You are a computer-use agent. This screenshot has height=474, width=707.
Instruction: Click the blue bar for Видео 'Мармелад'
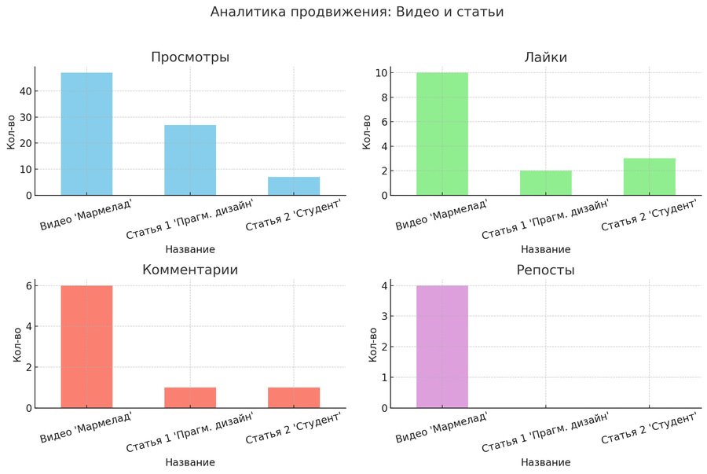86,134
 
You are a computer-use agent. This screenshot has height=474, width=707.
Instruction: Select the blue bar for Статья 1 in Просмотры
190,160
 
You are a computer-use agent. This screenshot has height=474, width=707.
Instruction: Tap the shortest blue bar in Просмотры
294,186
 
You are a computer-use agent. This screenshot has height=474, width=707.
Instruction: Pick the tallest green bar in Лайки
441,134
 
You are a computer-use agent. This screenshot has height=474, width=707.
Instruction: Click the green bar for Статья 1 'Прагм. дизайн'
545,182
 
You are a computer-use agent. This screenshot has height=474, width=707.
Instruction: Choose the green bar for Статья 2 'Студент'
649,176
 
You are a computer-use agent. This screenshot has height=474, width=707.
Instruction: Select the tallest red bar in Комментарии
86,347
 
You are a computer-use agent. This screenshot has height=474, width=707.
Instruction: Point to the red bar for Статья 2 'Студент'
294,398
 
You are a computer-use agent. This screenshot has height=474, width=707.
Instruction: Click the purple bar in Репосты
441,347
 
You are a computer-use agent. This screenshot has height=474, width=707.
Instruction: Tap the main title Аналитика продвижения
357,13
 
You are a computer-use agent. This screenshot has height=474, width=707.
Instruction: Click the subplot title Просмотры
190,57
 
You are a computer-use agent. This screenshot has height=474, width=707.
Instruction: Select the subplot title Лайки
545,57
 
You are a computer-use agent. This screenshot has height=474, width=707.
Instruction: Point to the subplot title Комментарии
190,270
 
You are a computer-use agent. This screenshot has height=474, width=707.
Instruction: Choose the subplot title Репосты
545,270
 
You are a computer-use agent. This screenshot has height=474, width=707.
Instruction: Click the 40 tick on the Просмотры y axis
25,91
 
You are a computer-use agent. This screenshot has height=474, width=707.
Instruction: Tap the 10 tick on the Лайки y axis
382,73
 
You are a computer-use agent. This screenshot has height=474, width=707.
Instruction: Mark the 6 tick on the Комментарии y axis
28,286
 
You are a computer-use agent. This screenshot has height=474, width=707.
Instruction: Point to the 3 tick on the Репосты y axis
383,317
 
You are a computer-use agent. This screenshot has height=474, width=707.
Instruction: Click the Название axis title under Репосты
545,462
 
